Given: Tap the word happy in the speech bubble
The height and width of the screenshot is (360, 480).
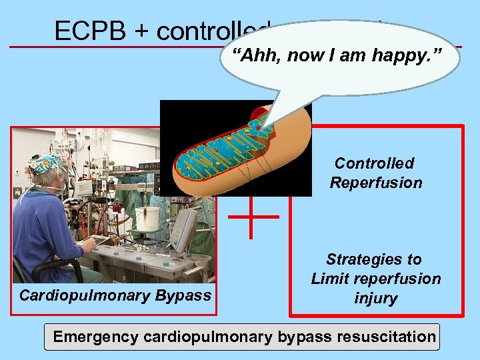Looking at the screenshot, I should (x=405, y=55).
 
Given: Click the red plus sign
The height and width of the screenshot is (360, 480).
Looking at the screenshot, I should (x=253, y=216).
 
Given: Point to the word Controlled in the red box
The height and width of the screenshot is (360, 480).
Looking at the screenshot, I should (x=375, y=163).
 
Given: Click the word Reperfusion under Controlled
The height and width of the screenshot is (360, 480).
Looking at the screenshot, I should (x=376, y=183).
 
